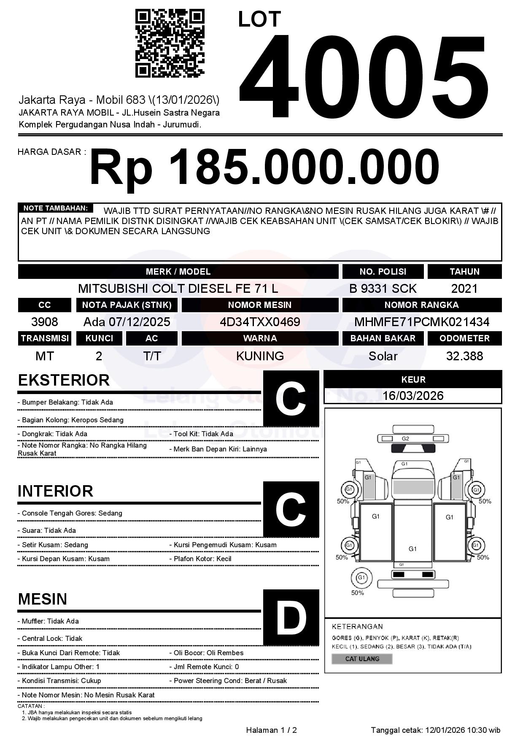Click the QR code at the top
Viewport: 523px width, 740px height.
pyautogui.click(x=170, y=43)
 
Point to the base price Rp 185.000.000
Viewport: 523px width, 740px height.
pyautogui.click(x=264, y=167)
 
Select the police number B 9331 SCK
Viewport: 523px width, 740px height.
pyautogui.click(x=383, y=289)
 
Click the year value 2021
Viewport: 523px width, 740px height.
pyautogui.click(x=464, y=289)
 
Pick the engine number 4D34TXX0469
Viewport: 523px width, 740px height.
pyautogui.click(x=260, y=322)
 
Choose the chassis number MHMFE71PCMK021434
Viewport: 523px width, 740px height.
pyautogui.click(x=421, y=322)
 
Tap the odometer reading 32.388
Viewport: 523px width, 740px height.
pyautogui.click(x=464, y=356)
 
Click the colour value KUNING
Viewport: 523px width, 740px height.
pyautogui.click(x=260, y=356)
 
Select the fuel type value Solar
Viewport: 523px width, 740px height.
pyautogui.click(x=383, y=356)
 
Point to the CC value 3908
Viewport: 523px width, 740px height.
pyautogui.click(x=45, y=322)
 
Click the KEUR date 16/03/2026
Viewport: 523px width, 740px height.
pyautogui.click(x=413, y=396)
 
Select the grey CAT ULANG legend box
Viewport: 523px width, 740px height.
pyautogui.click(x=362, y=659)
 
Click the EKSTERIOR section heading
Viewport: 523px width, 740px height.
pyautogui.click(x=64, y=380)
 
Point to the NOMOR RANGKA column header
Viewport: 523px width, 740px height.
pyautogui.click(x=421, y=305)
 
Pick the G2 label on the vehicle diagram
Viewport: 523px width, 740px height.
pyautogui.click(x=405, y=439)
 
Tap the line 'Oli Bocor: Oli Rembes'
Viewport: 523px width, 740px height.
pyautogui.click(x=208, y=653)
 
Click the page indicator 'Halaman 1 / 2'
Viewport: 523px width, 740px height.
pyautogui.click(x=271, y=730)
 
